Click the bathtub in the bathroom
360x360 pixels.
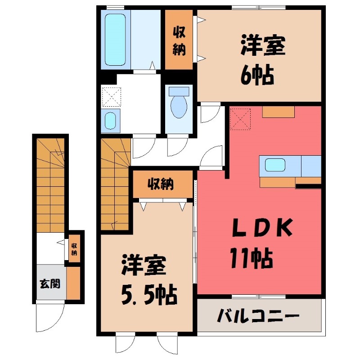(x=116, y=40)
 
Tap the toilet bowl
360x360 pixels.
(x=179, y=105)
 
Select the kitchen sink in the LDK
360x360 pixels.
(x=274, y=165)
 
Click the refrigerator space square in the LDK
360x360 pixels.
(x=239, y=118)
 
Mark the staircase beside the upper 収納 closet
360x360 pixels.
(x=115, y=184)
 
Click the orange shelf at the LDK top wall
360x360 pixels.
(x=278, y=111)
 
